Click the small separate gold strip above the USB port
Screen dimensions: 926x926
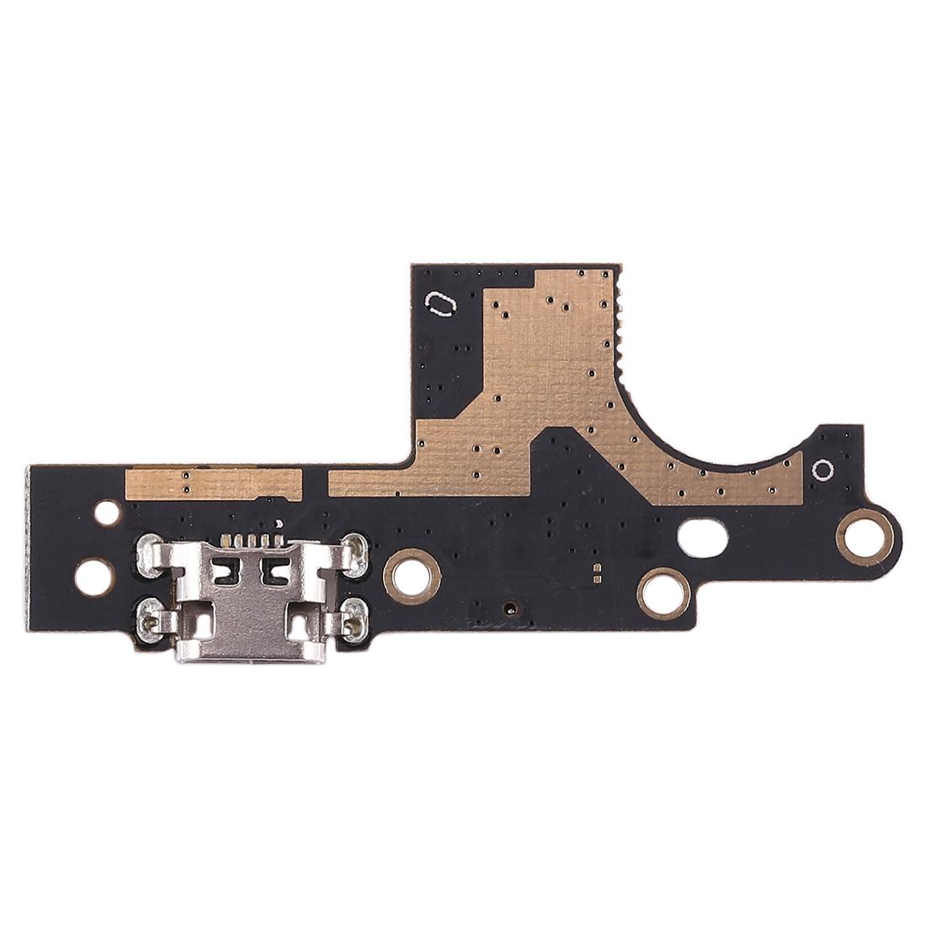point(213,482)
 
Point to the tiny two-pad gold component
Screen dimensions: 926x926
point(597,573)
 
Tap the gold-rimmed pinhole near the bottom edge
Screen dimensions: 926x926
point(508,606)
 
